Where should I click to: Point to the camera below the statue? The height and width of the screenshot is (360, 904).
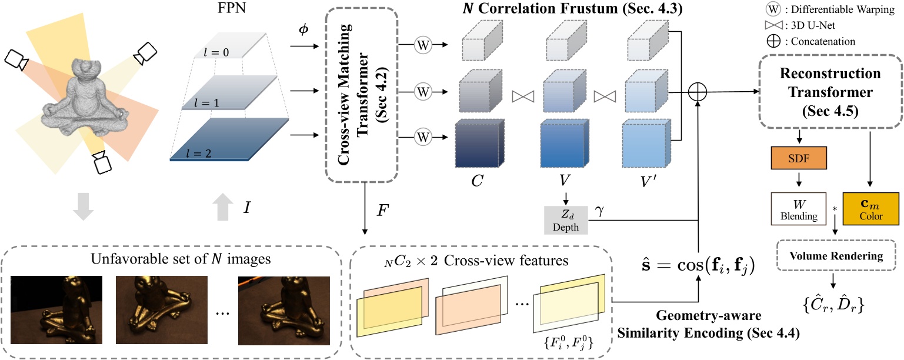coord(104,162)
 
